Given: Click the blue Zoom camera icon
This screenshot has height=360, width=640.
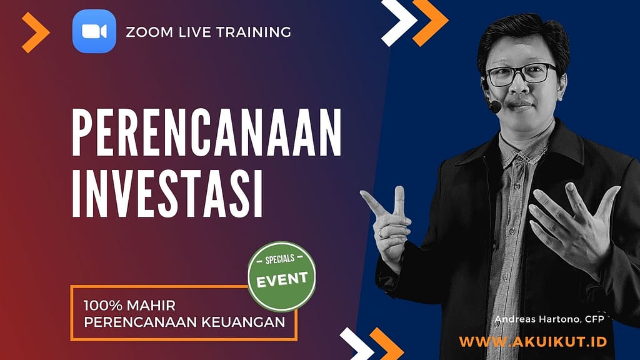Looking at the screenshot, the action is (94, 31).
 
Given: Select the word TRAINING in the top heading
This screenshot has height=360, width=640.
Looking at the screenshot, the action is (254, 32).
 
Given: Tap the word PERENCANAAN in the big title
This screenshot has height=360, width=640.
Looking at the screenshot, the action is (206, 132).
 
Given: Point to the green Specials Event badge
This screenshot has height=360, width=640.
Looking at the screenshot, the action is (282, 276).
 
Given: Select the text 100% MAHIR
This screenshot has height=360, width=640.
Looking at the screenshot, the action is (129, 305).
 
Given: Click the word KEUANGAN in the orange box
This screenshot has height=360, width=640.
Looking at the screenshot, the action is (243, 322).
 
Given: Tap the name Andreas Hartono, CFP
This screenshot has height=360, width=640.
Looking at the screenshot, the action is (549, 319).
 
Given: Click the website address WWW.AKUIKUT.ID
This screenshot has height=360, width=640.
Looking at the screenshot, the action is (533, 342).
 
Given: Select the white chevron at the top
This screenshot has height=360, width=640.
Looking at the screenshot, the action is (399, 22).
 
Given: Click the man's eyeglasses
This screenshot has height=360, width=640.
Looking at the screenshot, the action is (521, 74).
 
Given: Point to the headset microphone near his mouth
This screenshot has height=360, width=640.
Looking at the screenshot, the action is (495, 107).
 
